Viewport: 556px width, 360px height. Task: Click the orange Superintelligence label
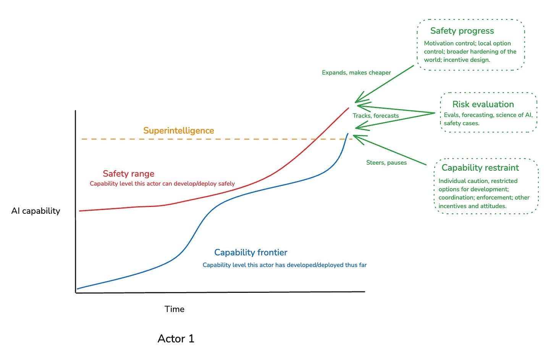[178, 131]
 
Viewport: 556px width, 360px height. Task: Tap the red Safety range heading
[128, 174]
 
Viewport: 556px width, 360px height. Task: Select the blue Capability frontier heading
[251, 252]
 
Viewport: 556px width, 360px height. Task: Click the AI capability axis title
[36, 211]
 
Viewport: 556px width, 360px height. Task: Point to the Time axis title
[174, 309]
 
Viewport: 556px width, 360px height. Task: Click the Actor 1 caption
[176, 339]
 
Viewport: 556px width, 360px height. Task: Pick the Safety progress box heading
[462, 31]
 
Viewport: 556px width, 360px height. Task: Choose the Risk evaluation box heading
[483, 104]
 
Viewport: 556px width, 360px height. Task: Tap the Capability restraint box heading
[480, 168]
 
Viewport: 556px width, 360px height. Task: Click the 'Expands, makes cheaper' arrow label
[356, 73]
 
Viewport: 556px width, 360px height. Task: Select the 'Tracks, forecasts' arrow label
[375, 116]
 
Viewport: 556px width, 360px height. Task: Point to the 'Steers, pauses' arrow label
[386, 163]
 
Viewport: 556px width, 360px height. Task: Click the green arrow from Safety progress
[386, 83]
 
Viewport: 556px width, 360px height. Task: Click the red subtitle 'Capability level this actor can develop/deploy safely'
[162, 184]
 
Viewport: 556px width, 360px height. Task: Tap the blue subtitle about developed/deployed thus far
[284, 265]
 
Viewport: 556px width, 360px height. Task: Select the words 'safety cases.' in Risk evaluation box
[461, 123]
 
